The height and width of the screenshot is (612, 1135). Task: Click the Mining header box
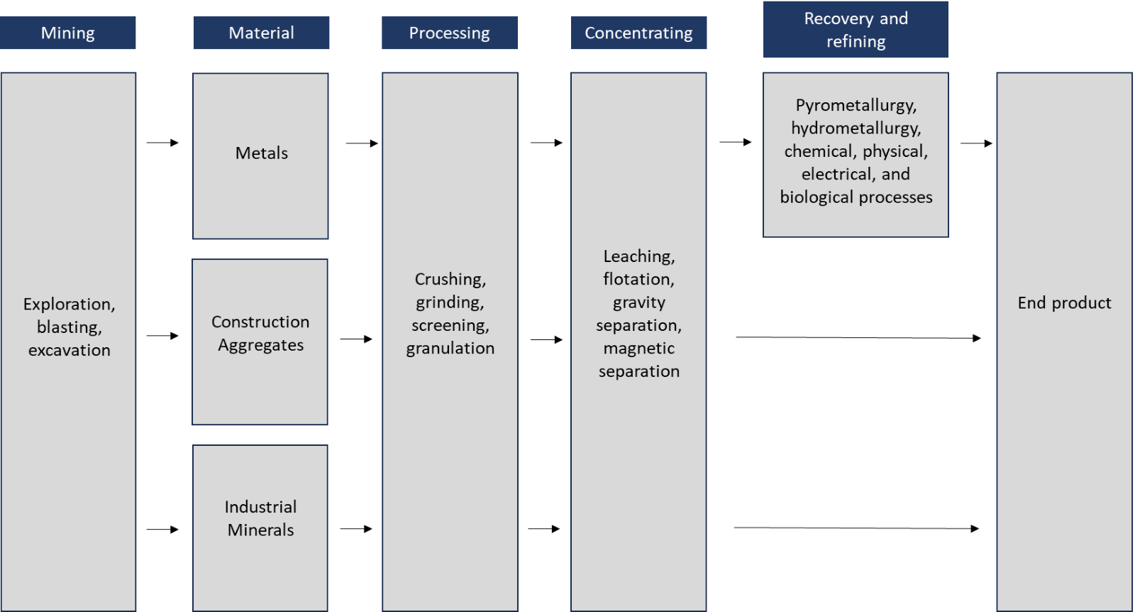click(x=67, y=33)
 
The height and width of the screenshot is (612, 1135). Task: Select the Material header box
click(x=261, y=33)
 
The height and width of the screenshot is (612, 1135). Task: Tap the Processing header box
click(x=449, y=33)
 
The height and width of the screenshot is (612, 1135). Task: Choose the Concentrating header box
click(x=638, y=33)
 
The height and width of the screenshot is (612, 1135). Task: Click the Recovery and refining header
click(x=856, y=30)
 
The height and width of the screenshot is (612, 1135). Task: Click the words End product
click(x=1064, y=303)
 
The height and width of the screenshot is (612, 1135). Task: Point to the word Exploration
click(x=69, y=305)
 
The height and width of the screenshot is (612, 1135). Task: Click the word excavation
click(x=69, y=350)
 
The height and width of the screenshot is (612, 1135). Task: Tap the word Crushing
click(x=450, y=279)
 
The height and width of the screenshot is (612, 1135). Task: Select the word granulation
click(x=450, y=349)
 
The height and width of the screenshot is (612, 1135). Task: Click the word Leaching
click(x=638, y=256)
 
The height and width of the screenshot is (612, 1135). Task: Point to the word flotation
click(x=638, y=279)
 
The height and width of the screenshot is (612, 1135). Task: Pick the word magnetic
click(x=638, y=349)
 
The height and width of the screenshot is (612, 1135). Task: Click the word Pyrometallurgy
click(x=856, y=106)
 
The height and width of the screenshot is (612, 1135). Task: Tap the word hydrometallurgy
click(x=856, y=129)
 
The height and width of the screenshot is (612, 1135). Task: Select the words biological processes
click(x=856, y=197)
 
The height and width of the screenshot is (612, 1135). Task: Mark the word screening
click(x=450, y=325)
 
